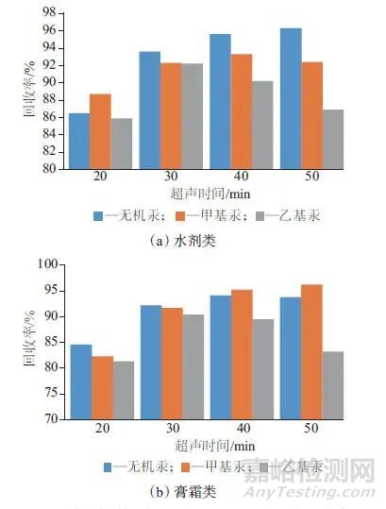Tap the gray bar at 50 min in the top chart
pyautogui.click(x=332, y=139)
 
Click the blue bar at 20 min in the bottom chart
pyautogui.click(x=81, y=382)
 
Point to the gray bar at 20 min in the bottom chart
pyautogui.click(x=124, y=389)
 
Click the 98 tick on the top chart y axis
pyautogui.click(x=45, y=12)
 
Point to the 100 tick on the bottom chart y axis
pyautogui.click(x=42, y=263)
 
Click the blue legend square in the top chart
pyautogui.click(x=98, y=215)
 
